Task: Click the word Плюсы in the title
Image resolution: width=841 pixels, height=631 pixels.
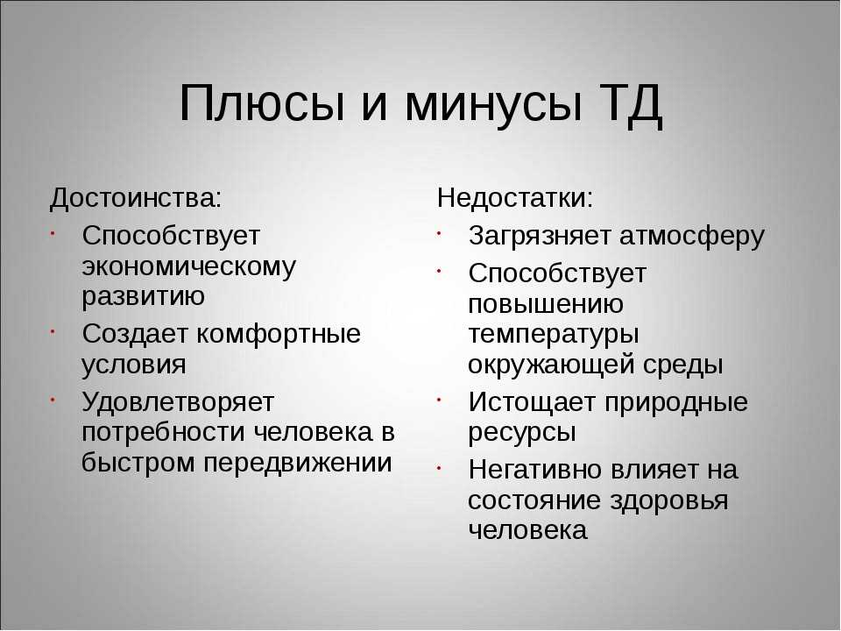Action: [x=262, y=103]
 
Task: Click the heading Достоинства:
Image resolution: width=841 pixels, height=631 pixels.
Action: [x=135, y=198]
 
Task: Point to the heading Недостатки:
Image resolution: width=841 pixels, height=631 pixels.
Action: [x=515, y=198]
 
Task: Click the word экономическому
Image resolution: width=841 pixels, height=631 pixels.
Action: [x=189, y=266]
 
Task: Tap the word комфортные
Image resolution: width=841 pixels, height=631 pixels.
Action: [x=279, y=334]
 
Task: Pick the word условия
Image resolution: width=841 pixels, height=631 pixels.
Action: [x=134, y=365]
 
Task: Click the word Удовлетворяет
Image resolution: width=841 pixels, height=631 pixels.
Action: [x=178, y=401]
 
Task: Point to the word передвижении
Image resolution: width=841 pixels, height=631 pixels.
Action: [x=298, y=463]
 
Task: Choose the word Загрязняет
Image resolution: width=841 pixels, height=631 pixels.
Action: [x=541, y=237]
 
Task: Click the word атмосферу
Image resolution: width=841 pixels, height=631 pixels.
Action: [x=692, y=237]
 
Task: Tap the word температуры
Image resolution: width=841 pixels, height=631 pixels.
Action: [x=554, y=334]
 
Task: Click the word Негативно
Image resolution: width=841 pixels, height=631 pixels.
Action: [x=535, y=470]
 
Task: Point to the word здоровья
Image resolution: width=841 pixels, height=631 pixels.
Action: [x=669, y=501]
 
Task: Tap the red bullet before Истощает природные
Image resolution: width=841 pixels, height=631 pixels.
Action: [x=439, y=400]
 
